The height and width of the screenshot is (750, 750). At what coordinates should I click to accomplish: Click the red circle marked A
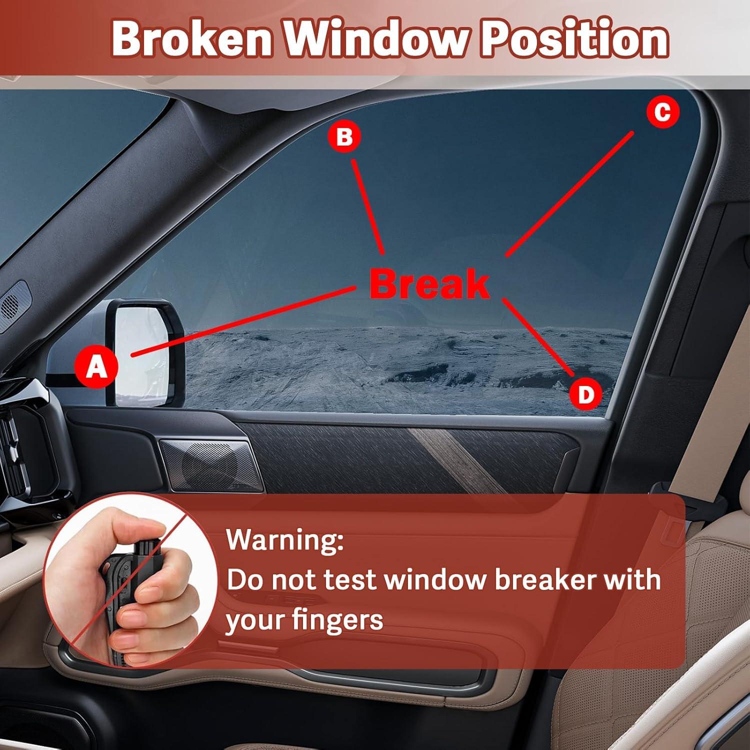coord(96,366)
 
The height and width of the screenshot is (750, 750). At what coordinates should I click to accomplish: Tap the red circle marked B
coord(344,136)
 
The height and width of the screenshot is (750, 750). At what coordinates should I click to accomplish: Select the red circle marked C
coord(662,112)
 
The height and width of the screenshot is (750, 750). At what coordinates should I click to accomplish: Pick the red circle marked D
coord(585,394)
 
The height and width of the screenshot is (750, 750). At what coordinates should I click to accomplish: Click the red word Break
coord(429,284)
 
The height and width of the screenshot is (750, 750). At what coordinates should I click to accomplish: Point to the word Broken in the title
coord(192,39)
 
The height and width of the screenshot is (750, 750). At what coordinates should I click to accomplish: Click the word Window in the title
coord(375,39)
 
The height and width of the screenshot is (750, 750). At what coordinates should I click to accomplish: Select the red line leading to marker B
coord(368,206)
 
